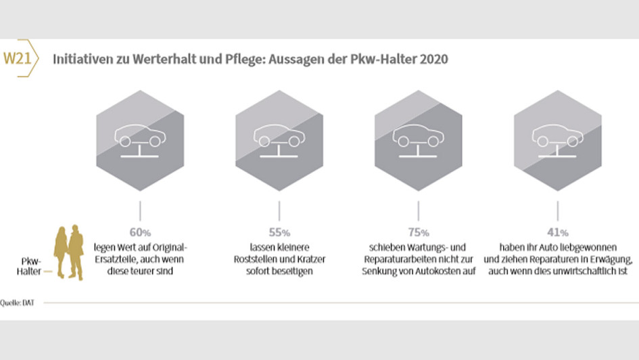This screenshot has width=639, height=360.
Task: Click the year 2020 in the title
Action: tap(433, 60)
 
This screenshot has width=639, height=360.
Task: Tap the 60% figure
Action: tap(140, 231)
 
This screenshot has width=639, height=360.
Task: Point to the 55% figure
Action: tap(279, 231)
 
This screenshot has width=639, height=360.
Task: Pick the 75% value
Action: tap(419, 231)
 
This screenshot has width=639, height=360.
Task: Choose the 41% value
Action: tap(558, 231)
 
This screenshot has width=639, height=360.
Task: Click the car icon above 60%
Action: tap(140, 137)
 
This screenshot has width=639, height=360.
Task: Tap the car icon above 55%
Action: tap(279, 137)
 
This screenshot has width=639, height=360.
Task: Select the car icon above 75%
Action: tap(419, 137)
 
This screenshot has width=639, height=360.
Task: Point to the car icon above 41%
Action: tap(558, 137)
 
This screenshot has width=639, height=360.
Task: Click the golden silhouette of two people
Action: tap(69, 252)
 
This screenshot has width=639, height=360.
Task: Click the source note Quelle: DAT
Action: tap(18, 303)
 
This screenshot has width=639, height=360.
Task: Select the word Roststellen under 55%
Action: tap(260, 259)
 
